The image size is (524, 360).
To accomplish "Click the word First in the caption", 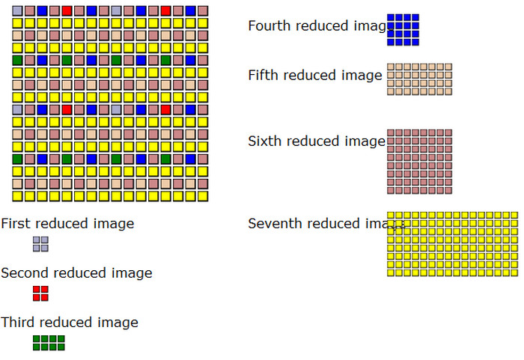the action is point(16,223).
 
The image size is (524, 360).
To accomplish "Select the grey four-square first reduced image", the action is point(40,244).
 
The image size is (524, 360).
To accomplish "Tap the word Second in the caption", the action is point(23,273).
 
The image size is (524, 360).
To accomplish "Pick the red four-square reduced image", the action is point(40,293).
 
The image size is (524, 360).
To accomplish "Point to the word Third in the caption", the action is point(17,323).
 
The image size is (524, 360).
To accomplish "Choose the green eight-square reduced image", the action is point(49,343).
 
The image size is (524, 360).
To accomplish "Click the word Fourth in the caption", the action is point(269,25).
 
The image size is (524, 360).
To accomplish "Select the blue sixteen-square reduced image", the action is point(403,30).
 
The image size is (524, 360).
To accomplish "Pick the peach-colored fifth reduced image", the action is point(419,79).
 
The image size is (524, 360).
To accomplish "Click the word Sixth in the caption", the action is point(265,141).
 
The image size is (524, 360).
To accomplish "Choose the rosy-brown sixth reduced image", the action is point(419,162).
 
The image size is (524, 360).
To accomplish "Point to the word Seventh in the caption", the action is point(275,223).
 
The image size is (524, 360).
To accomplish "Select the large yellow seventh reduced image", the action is point(452,244).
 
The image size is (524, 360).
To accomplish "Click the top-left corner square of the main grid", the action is point(17,11).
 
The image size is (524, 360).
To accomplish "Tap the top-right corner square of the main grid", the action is point(202,11).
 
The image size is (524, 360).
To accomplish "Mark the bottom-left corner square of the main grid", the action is point(17,196).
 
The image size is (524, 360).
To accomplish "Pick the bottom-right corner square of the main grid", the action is point(202,196).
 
